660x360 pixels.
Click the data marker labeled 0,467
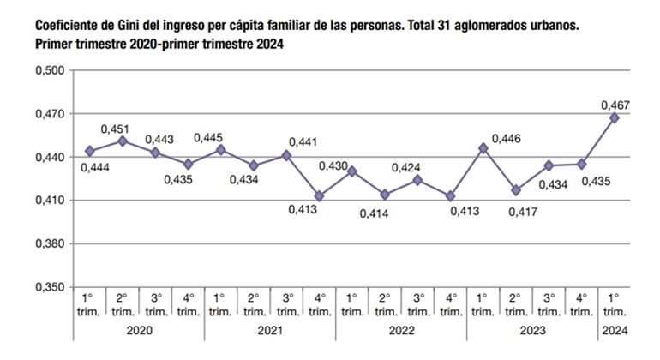click(x=614, y=118)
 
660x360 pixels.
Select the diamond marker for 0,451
click(x=122, y=141)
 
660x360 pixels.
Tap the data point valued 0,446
click(x=483, y=148)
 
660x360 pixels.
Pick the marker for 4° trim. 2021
click(x=319, y=196)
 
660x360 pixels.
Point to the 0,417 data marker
click(x=515, y=190)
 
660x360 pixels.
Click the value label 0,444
click(x=95, y=167)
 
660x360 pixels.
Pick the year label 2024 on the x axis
click(x=614, y=331)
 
